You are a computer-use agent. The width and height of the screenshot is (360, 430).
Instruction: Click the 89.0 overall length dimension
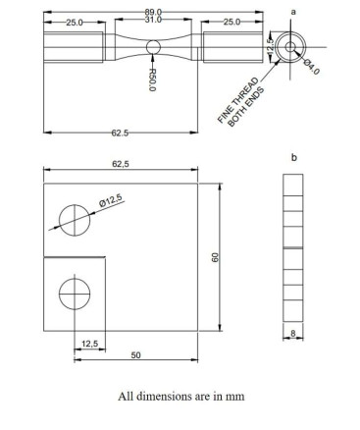pos(153,12)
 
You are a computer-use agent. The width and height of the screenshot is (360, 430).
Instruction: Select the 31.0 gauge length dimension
pos(153,20)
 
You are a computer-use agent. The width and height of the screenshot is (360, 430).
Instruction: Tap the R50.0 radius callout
pos(152,80)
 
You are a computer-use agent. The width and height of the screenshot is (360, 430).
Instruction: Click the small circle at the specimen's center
pos(153,47)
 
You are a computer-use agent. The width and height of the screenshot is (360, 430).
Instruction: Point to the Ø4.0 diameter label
pos(311,67)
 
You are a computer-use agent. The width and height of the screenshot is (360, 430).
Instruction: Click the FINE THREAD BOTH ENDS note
pos(241,101)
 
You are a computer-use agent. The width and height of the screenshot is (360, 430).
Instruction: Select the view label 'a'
pos(293,12)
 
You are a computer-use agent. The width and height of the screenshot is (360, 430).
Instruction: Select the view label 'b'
pos(294,157)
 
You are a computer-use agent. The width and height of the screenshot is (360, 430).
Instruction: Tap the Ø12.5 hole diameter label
pos(110,200)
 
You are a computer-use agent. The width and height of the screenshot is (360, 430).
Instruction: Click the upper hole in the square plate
pos(75,220)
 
